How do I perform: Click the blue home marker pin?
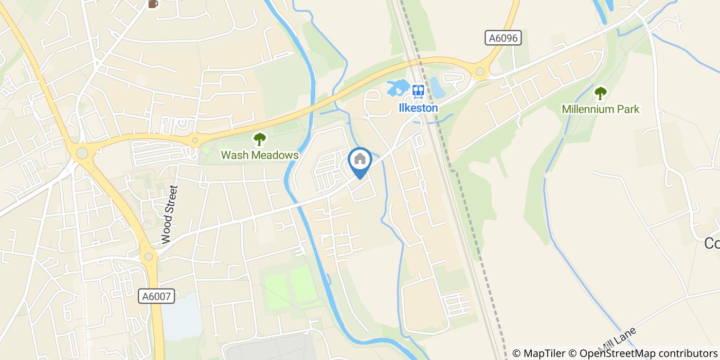[x=360, y=161]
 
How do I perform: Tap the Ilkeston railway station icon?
[x=418, y=92]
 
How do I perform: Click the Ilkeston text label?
[x=418, y=108]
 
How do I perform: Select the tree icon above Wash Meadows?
[x=260, y=139]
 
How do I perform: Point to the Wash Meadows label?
[x=260, y=155]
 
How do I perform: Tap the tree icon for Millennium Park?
[x=600, y=93]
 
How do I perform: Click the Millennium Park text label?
[x=600, y=109]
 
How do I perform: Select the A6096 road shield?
[x=503, y=38]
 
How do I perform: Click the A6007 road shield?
[x=157, y=296]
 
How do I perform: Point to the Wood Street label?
[x=169, y=214]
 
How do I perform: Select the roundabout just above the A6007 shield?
[x=148, y=256]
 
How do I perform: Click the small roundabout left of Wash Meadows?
[x=194, y=140]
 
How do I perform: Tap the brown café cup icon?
[x=153, y=4]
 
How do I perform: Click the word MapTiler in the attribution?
[x=545, y=353]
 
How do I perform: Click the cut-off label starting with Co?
[x=712, y=243]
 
